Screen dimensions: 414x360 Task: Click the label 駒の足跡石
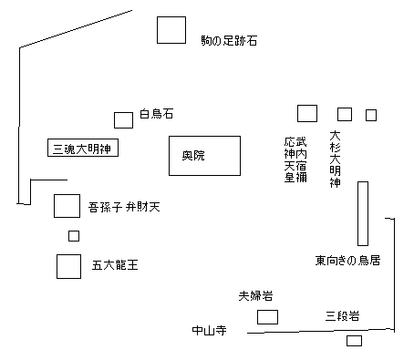tap(229, 40)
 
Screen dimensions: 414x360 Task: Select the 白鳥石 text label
tap(157, 114)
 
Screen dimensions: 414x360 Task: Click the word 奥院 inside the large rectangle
tap(193, 155)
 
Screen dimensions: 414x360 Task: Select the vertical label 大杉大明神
tap(335, 159)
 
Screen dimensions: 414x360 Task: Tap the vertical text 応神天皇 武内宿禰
tap(295, 159)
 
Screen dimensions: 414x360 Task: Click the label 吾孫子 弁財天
tap(124, 207)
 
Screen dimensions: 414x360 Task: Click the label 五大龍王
tap(115, 265)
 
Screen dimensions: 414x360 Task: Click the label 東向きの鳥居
tap(347, 261)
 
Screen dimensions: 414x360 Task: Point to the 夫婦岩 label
tap(255, 296)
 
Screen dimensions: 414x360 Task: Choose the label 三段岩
tap(342, 316)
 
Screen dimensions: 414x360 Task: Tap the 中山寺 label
tap(209, 330)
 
